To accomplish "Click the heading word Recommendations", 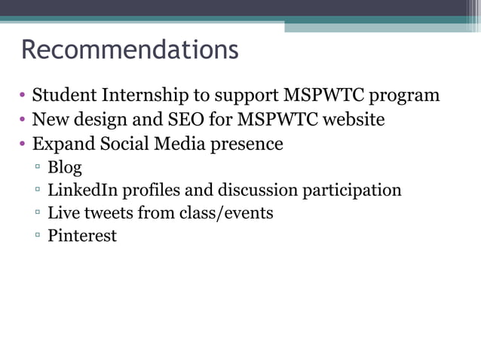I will pos(130,50).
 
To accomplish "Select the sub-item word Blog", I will pos(65,167).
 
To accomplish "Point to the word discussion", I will pos(256,190).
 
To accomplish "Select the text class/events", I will pos(226,213).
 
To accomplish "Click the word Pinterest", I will pos(82,236).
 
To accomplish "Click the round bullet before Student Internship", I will pos(23,96).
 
